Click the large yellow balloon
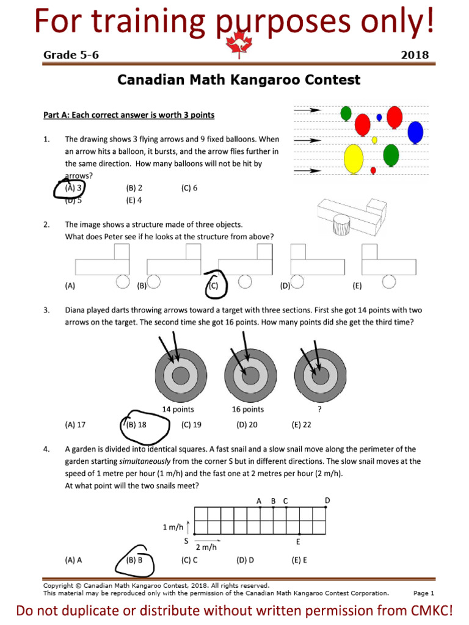[x=354, y=159]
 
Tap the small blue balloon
[x=379, y=117]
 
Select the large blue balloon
[x=415, y=132]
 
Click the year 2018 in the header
[x=414, y=55]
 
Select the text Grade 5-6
[x=71, y=55]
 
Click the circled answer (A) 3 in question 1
[x=73, y=188]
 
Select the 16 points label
[x=248, y=410]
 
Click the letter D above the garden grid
[x=327, y=500]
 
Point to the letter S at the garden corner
[x=186, y=541]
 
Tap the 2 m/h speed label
[x=206, y=547]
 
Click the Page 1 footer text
[x=423, y=593]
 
